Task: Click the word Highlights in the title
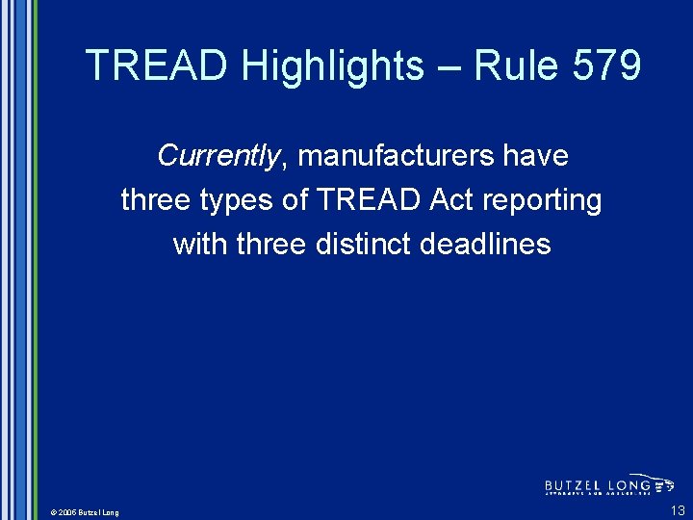[x=332, y=66]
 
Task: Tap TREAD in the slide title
[x=158, y=66]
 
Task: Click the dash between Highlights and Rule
[x=447, y=66]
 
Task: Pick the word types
[x=245, y=200]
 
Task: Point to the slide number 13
[x=678, y=510]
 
